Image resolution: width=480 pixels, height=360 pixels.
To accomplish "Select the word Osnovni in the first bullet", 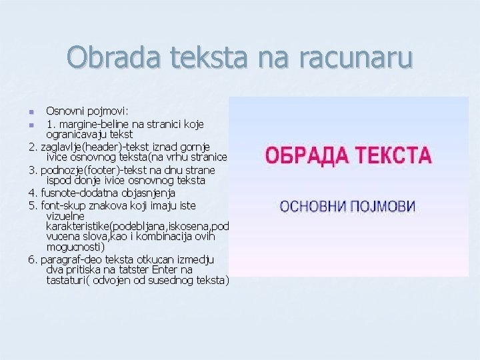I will coord(64,111).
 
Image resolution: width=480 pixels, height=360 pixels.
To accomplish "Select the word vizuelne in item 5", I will coord(65,216).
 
